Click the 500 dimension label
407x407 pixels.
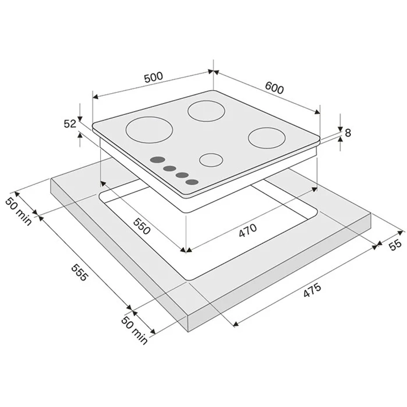pos(154,77)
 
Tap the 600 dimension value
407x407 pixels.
pos(274,88)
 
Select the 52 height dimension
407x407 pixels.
pos(70,124)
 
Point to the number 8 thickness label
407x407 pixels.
pos(348,133)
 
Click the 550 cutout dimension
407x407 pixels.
pos(142,226)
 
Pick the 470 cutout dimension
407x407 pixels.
pos(248,230)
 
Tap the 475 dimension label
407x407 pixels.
pos(313,290)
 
